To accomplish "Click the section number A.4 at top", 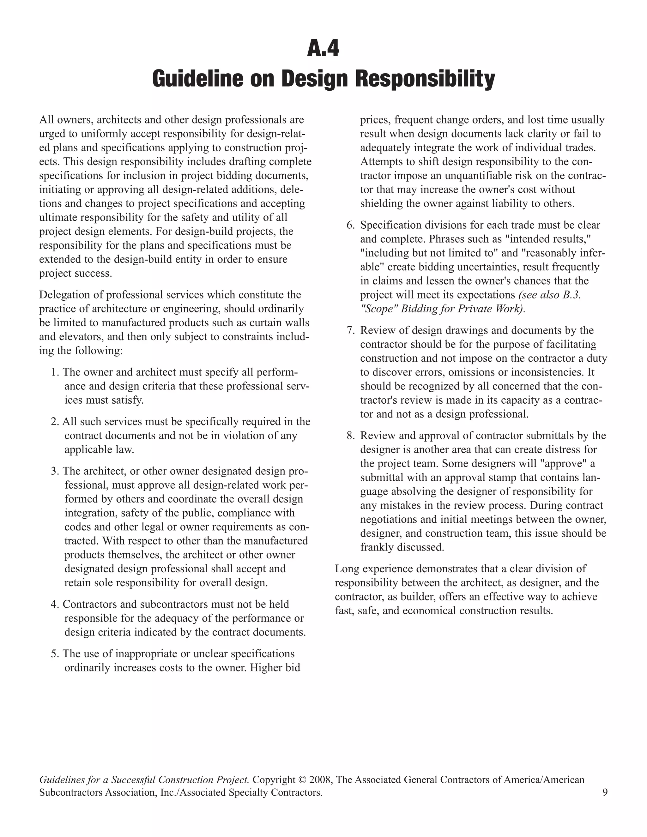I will (323, 49).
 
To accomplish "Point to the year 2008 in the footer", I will (320, 780).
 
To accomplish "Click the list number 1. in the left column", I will (55, 372).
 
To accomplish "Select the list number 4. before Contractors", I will (55, 604).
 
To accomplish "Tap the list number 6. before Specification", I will (351, 225).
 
